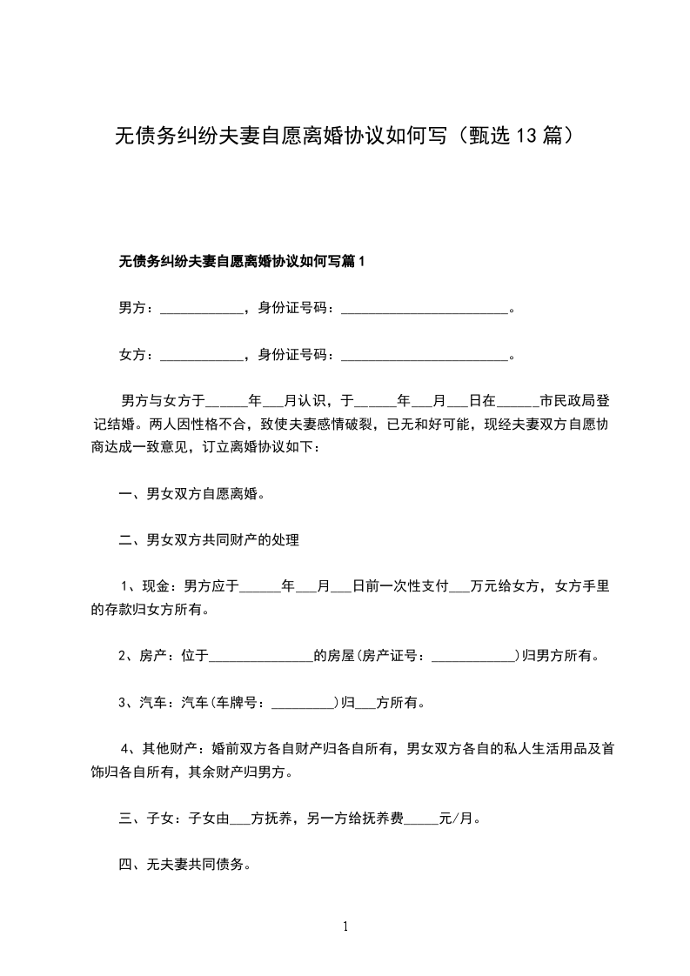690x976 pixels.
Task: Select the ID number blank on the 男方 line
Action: (x=424, y=309)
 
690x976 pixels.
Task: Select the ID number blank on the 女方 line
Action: (x=424, y=356)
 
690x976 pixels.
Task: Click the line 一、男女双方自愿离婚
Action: (x=191, y=494)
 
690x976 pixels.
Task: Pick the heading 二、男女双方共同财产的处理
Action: (x=209, y=541)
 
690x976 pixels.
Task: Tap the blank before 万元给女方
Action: (x=459, y=587)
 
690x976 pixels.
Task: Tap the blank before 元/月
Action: (x=422, y=819)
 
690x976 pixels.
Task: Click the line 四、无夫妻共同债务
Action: (x=184, y=866)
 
